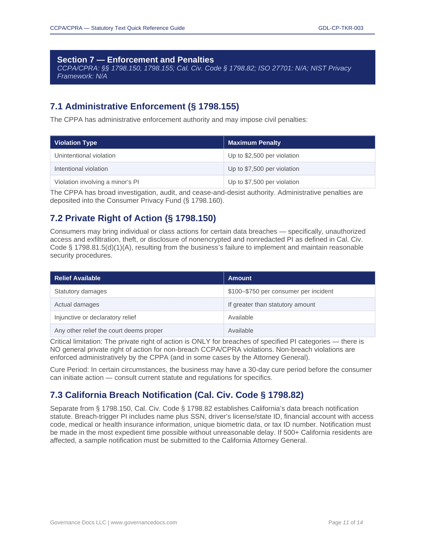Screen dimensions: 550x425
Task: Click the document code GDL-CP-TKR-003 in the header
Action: coord(341,28)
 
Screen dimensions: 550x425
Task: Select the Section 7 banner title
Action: coord(135,60)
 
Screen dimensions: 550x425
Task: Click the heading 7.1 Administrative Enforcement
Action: coord(144,106)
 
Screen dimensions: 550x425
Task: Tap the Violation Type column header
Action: coord(76,143)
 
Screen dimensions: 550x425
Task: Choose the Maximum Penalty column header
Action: coord(254,143)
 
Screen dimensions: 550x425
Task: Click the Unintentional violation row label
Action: coord(85,156)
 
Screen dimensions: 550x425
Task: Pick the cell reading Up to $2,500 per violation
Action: coord(264,156)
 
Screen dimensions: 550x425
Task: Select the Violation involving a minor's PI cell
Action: coord(97,182)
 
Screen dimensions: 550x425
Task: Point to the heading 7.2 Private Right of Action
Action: coord(133,218)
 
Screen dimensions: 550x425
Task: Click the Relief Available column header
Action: coord(77,278)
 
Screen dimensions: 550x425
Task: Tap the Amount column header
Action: coord(240,278)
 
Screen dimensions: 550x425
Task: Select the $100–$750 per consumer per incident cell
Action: coord(281,291)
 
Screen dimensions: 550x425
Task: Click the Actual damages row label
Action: coord(77,305)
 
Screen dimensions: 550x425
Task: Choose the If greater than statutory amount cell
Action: coord(272,305)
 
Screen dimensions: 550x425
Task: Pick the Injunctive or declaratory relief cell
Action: coord(95,317)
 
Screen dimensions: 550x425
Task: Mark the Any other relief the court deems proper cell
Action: coord(108,331)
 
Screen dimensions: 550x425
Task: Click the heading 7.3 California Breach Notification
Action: coord(177,395)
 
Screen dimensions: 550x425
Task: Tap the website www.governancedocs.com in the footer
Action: coord(144,523)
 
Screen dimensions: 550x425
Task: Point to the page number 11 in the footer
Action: coord(346,523)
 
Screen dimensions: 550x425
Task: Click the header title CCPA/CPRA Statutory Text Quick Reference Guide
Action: coord(117,28)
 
